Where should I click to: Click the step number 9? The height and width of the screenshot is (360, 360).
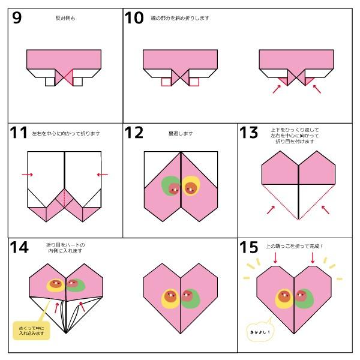click(x=17, y=18)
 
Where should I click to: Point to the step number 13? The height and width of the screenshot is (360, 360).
click(x=248, y=133)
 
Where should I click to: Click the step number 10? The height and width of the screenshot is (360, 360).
click(x=134, y=18)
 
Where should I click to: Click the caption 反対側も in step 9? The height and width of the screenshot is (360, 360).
click(x=65, y=19)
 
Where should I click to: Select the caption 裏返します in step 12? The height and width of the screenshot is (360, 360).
click(x=181, y=134)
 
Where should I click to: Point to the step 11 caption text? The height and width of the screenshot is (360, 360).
click(x=66, y=134)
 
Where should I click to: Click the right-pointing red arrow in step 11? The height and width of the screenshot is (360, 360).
click(x=27, y=175)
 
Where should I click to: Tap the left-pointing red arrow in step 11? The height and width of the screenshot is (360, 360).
click(x=102, y=175)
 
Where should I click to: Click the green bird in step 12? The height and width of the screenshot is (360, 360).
click(x=172, y=187)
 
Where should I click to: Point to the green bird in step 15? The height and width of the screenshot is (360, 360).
click(x=306, y=298)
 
